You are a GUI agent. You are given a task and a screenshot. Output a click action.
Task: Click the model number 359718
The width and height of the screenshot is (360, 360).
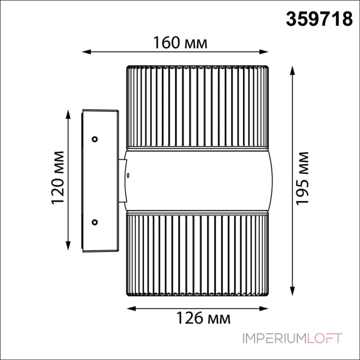(319, 19)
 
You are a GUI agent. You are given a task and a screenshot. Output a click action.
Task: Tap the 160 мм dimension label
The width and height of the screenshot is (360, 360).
(180, 43)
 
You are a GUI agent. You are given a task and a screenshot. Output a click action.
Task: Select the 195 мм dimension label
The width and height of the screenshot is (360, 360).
(302, 178)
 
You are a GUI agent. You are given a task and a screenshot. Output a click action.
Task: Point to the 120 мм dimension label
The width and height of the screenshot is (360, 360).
(57, 178)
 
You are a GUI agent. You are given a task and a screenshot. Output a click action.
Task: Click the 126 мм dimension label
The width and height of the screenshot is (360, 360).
(203, 318)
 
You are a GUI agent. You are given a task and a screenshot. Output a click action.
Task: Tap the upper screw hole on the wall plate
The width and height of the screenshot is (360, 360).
(94, 139)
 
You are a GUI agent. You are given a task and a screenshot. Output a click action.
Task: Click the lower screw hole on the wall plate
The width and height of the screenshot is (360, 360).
(94, 222)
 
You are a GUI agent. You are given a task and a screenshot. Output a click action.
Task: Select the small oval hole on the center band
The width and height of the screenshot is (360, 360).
(128, 175)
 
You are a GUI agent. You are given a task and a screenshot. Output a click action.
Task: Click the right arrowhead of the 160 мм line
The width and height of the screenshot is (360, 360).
(264, 52)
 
